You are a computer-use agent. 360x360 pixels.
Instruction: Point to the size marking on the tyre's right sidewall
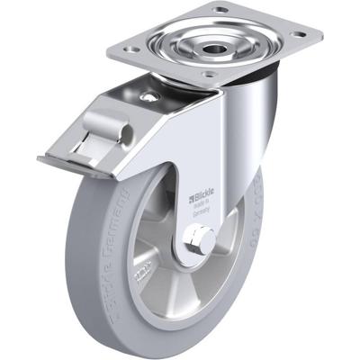click(x=251, y=225)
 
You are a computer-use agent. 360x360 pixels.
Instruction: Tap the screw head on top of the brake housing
click(x=148, y=96)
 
